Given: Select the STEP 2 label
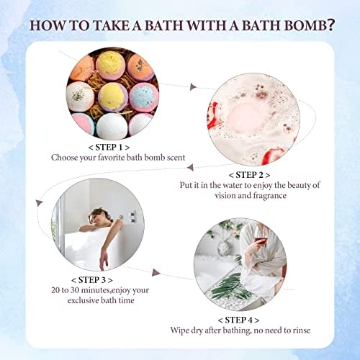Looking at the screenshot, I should (249, 174).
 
